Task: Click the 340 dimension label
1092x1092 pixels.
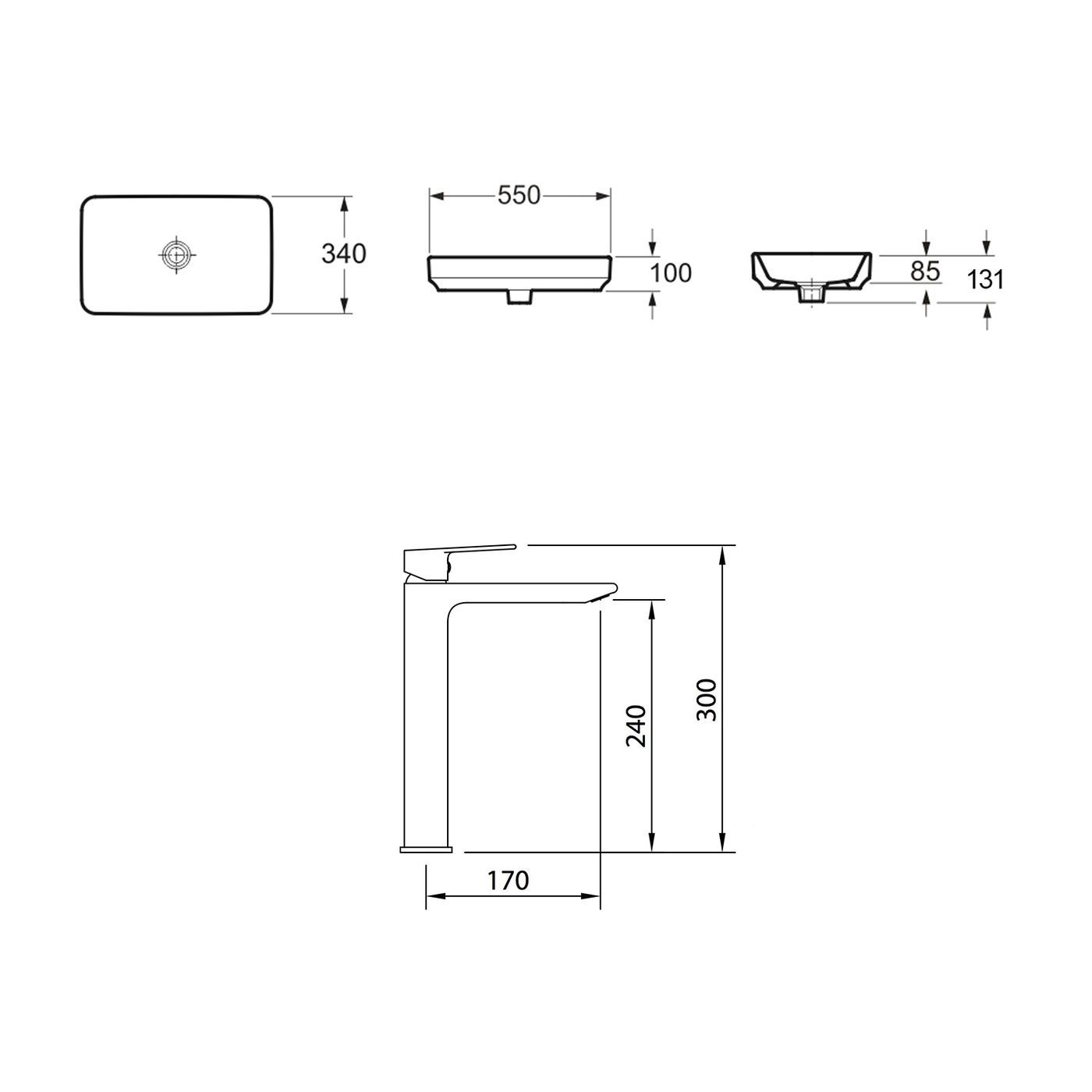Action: [343, 253]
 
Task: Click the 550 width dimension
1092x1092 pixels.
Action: [519, 196]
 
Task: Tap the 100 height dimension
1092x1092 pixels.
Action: [671, 273]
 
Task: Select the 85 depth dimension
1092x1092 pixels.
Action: [924, 271]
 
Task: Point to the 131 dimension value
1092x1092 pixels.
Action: [986, 278]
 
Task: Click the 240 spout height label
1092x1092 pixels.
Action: [636, 725]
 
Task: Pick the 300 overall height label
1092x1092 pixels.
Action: [706, 700]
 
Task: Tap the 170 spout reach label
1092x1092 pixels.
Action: [508, 880]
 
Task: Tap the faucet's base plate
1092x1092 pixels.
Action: [426, 848]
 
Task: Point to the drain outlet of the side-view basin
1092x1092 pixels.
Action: [812, 295]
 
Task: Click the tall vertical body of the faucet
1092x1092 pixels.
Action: [425, 718]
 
